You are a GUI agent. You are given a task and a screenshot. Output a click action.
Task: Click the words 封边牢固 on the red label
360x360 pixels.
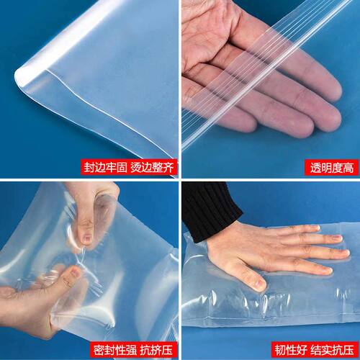pos(106,167)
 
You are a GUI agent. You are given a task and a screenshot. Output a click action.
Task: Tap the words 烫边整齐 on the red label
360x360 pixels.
pos(152,167)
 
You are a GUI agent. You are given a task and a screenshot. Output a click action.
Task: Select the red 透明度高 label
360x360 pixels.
pos(331,168)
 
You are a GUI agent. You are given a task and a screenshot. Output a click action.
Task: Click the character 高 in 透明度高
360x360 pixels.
pos(348,168)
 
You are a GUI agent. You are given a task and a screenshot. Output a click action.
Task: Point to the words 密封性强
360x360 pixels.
pos(114,350)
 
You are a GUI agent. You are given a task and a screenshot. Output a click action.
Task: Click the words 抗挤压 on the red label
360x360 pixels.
pos(156,350)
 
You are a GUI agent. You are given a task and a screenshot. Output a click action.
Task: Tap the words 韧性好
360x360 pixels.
pos(291,350)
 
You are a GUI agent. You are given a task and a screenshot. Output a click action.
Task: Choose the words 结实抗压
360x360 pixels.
pos(332,350)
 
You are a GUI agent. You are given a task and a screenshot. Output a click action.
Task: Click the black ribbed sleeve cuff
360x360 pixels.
pos(210,211)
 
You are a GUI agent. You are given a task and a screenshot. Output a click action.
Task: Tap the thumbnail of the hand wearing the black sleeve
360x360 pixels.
pos(260,283)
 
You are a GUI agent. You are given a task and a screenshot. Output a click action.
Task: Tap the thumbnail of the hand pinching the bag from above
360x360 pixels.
pos(87,238)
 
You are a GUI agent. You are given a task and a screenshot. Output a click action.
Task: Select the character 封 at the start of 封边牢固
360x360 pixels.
pos(89,167)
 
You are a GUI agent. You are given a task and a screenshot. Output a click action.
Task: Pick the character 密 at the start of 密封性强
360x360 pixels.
pos(99,350)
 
